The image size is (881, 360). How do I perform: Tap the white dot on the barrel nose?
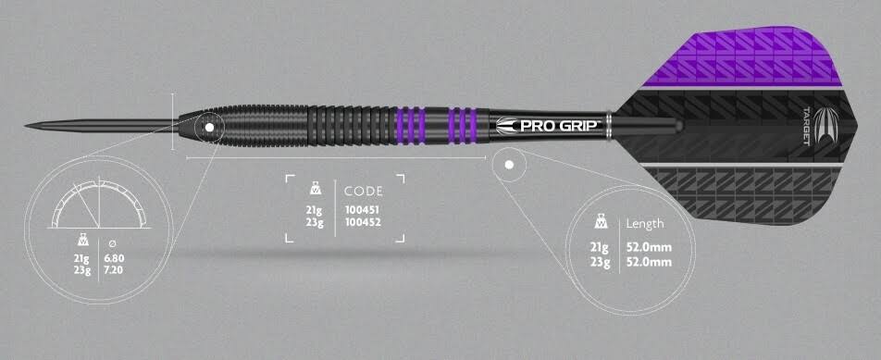point(209,127)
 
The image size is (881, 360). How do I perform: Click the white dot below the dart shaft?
point(510,164)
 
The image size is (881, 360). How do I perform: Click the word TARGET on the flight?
point(803,126)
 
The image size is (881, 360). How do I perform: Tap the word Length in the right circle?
point(645,223)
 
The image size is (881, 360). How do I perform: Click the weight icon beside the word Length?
point(601,222)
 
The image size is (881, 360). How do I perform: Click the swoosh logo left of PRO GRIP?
point(508,124)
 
